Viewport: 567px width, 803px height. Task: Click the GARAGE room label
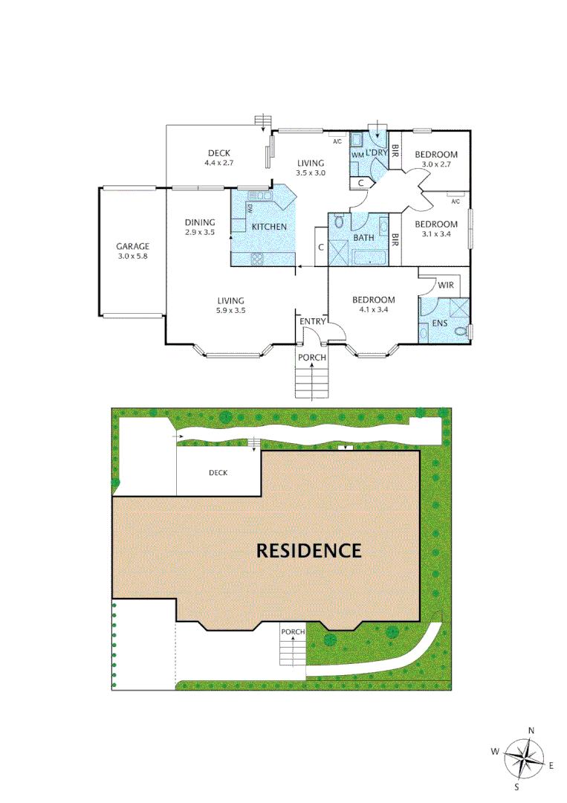click(132, 246)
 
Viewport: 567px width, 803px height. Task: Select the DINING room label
click(200, 222)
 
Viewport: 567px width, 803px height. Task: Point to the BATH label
click(364, 238)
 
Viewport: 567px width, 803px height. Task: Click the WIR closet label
click(446, 285)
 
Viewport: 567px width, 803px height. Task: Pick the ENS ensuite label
click(439, 324)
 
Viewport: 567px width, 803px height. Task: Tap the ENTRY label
click(313, 321)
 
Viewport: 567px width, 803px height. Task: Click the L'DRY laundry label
click(377, 152)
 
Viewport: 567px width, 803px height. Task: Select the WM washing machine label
click(357, 154)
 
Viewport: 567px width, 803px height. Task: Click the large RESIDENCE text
click(308, 551)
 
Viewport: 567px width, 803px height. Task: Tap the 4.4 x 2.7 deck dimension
click(219, 162)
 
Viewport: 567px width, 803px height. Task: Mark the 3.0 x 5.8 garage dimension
click(133, 256)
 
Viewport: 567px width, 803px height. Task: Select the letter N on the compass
click(531, 731)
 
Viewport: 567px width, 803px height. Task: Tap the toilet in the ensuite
click(460, 330)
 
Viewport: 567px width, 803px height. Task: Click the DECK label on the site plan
click(218, 472)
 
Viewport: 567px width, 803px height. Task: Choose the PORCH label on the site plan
click(293, 632)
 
